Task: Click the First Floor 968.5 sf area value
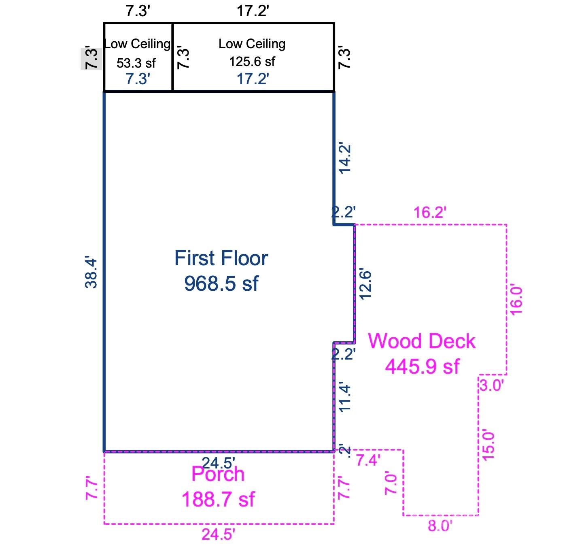click(221, 283)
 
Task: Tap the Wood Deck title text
click(421, 341)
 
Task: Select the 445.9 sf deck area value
click(422, 366)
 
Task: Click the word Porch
click(218, 474)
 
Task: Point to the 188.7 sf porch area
click(218, 499)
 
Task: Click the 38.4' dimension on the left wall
click(92, 272)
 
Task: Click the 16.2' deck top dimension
click(430, 212)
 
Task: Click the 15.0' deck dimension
click(489, 445)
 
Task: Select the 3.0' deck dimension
click(492, 385)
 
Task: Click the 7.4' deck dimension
click(367, 460)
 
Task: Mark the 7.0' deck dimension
click(391, 483)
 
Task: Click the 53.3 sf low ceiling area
click(136, 63)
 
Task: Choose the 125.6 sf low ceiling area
click(252, 62)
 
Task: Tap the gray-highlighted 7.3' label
click(91, 59)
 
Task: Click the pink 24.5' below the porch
click(218, 534)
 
